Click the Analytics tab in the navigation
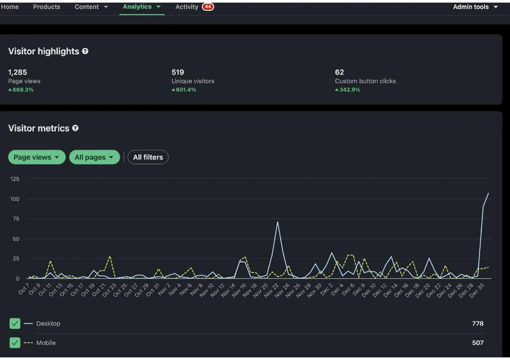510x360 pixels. pyautogui.click(x=141, y=7)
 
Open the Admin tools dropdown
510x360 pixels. pyautogui.click(x=475, y=7)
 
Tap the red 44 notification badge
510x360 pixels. pyautogui.click(x=208, y=7)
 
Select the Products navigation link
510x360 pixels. pyautogui.click(x=47, y=7)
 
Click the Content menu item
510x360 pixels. pyautogui.click(x=91, y=7)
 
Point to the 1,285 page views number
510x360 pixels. pyautogui.click(x=18, y=72)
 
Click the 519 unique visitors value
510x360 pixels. pyautogui.click(x=178, y=72)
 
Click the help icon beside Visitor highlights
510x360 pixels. pyautogui.click(x=85, y=51)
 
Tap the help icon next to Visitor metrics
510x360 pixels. pyautogui.click(x=75, y=128)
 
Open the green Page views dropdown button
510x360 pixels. pyautogui.click(x=36, y=157)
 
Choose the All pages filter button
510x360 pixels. pyautogui.click(x=94, y=157)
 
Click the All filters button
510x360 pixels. pyautogui.click(x=148, y=157)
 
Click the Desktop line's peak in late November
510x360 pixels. pyautogui.click(x=278, y=222)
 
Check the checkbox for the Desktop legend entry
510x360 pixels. pyautogui.click(x=15, y=324)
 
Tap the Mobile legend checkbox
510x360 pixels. pyautogui.click(x=15, y=343)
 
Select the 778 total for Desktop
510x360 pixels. pyautogui.click(x=478, y=324)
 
